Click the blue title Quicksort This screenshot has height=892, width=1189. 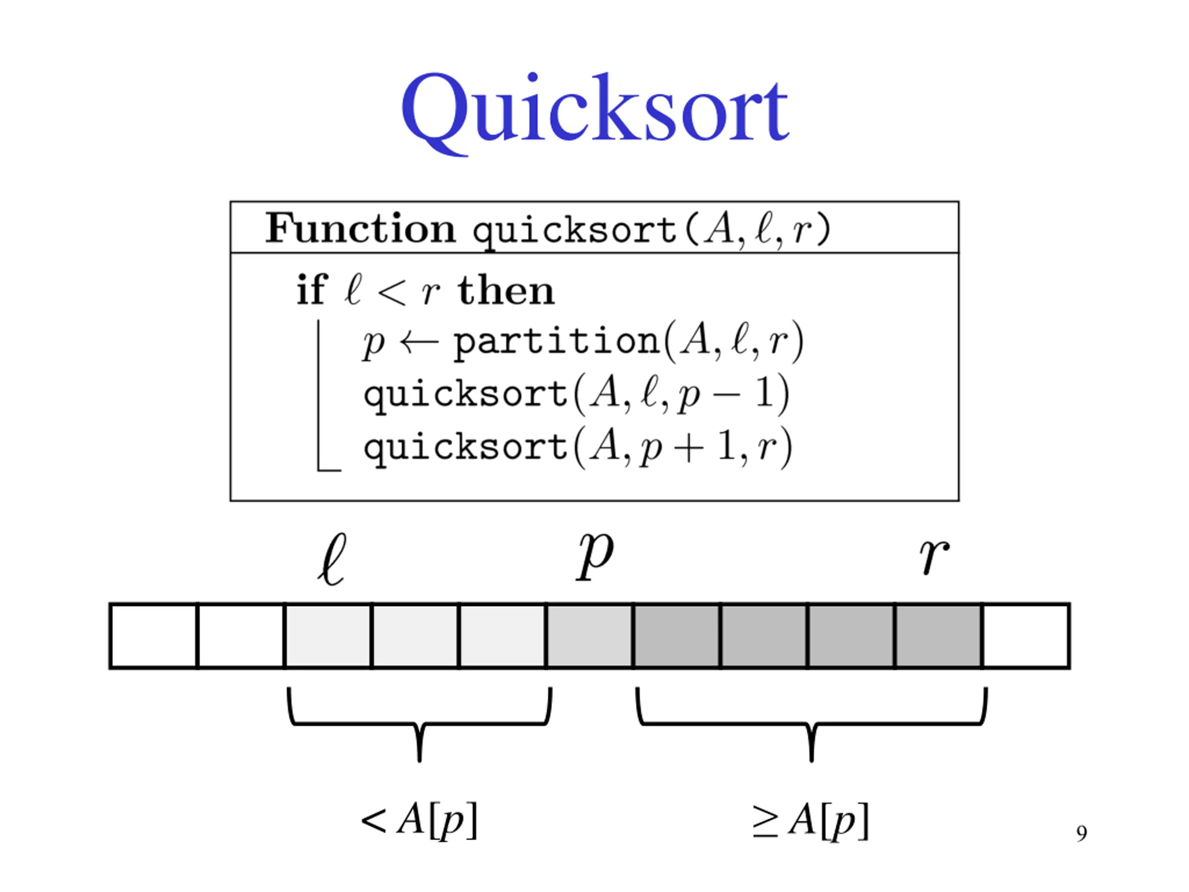pos(594,110)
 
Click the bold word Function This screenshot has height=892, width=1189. pos(360,229)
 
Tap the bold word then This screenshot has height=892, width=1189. pos(505,291)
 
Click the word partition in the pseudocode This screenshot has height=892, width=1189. pos(556,341)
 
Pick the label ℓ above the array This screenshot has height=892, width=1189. pos(332,559)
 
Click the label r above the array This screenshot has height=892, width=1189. pos(934,557)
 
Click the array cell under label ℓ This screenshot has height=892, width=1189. pos(328,636)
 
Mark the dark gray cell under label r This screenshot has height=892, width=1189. pos(939,636)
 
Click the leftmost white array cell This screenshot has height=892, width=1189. pos(154,636)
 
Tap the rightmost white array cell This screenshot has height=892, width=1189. pos(1026,636)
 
